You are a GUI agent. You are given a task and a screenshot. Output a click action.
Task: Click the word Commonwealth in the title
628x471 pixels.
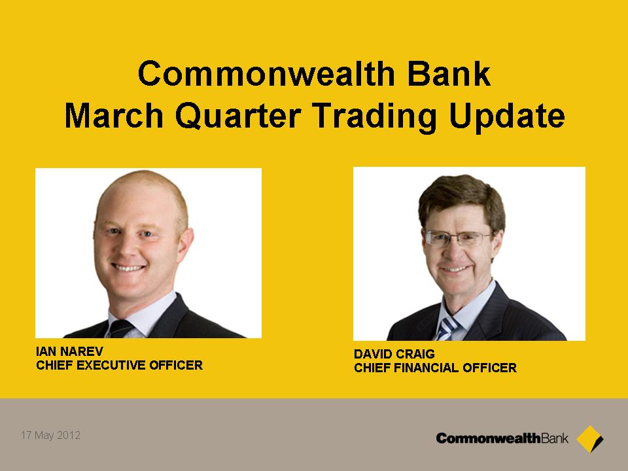click(x=267, y=74)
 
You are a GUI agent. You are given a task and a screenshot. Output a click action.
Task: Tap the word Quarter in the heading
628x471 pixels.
click(x=238, y=116)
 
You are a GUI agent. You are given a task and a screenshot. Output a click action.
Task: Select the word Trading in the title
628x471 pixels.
click(x=374, y=117)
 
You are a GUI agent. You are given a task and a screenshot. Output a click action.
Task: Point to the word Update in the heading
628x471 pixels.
click(x=506, y=117)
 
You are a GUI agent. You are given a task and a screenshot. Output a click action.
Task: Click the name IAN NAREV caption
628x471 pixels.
click(x=70, y=351)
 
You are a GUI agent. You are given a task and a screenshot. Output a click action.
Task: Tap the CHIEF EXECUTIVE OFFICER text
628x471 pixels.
click(x=119, y=365)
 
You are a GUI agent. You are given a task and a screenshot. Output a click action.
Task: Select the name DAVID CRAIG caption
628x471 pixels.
click(x=394, y=354)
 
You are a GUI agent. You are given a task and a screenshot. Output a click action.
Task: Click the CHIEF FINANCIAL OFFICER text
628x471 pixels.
click(x=436, y=368)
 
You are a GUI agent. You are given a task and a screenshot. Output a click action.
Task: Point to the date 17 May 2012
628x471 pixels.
click(x=51, y=436)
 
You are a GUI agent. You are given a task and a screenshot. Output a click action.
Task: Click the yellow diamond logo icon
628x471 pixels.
click(x=589, y=439)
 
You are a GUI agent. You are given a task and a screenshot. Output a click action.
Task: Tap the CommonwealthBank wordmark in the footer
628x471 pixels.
click(x=502, y=438)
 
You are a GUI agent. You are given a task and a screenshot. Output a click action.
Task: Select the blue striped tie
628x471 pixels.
click(x=447, y=328)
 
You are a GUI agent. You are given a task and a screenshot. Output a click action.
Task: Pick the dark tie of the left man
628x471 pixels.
click(x=120, y=328)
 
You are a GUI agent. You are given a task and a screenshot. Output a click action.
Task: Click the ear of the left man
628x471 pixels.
click(x=184, y=243)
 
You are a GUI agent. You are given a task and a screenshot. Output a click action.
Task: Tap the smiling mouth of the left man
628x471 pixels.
click(x=129, y=267)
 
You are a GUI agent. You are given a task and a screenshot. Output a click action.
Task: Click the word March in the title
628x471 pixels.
click(x=114, y=116)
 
